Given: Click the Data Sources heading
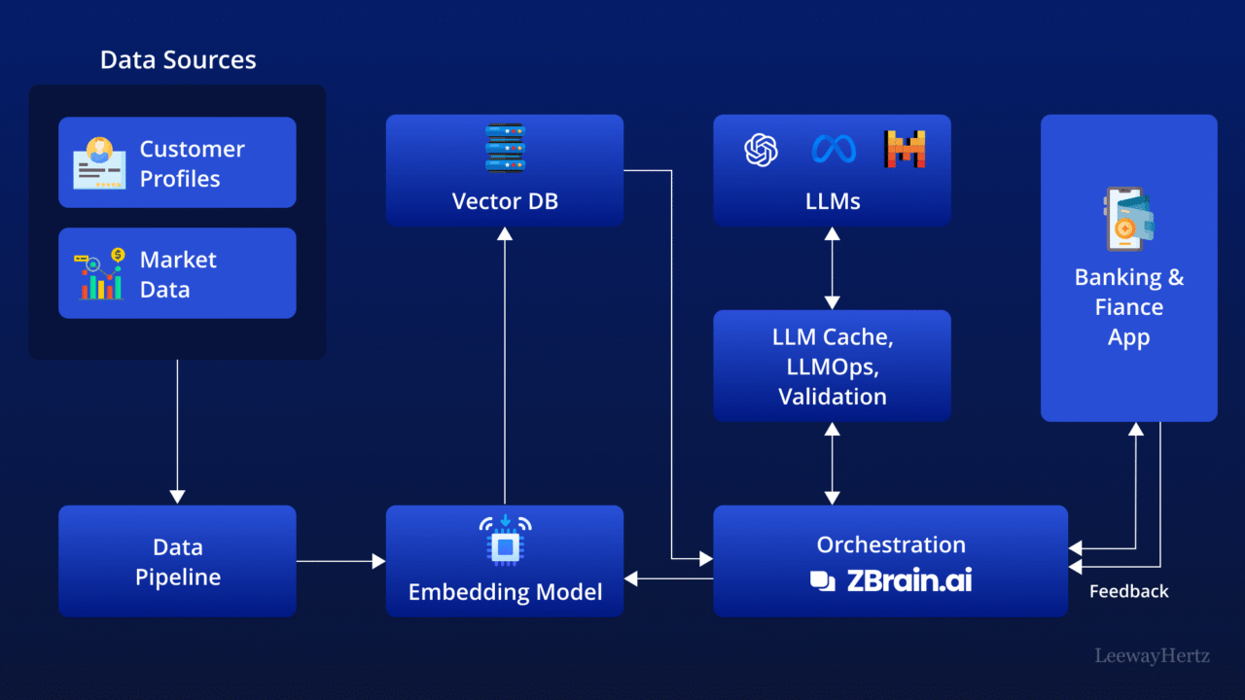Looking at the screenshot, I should point(178,59).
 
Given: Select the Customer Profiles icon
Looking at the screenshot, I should point(99,162).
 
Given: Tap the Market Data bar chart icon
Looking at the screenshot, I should point(99,274).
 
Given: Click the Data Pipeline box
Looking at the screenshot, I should point(177,561).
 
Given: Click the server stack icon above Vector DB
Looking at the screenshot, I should point(505,148).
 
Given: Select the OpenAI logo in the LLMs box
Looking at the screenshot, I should point(762,150).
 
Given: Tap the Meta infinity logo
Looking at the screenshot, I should point(834,150).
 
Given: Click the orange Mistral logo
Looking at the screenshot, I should point(905,150).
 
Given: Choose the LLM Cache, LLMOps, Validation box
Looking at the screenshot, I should point(832,367).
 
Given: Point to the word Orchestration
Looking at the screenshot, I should point(891,544).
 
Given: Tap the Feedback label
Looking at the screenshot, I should point(1128,591).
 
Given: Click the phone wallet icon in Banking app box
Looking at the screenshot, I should point(1128,220).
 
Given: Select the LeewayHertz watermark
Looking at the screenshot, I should point(1152,656).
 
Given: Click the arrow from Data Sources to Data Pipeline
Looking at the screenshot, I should point(177,428).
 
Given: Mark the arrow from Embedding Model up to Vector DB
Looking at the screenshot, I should point(505,369).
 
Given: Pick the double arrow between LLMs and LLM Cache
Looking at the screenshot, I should point(832,268).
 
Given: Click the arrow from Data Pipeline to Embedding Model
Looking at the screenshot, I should point(340,561).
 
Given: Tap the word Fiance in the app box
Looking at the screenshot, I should point(1128,307).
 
